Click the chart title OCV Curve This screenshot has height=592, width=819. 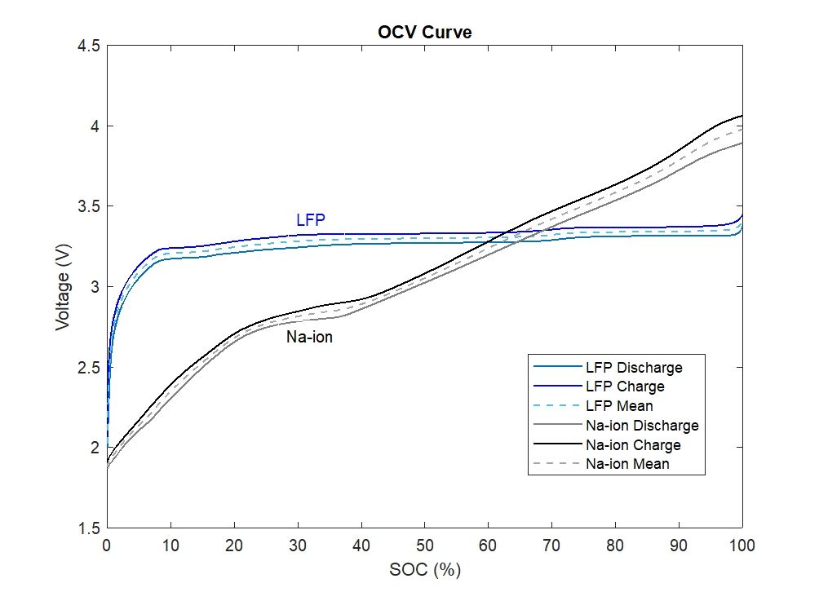[425, 33]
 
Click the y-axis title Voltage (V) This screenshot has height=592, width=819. [63, 287]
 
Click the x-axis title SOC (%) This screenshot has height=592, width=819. [425, 569]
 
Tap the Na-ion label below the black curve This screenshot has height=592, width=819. [309, 337]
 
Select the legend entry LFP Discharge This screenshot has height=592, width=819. [633, 368]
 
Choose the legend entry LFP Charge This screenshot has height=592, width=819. [625, 387]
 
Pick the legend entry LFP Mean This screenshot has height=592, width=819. [619, 406]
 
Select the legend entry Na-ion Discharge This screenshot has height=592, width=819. [642, 426]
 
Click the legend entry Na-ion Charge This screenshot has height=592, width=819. [633, 445]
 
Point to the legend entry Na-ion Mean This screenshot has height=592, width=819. [627, 465]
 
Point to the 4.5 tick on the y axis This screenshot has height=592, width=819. [91, 46]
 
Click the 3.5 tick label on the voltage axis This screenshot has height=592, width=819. [91, 207]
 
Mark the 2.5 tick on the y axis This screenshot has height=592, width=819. [91, 368]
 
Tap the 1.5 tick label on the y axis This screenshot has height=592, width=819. [91, 528]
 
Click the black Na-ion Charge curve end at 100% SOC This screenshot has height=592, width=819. [742, 116]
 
